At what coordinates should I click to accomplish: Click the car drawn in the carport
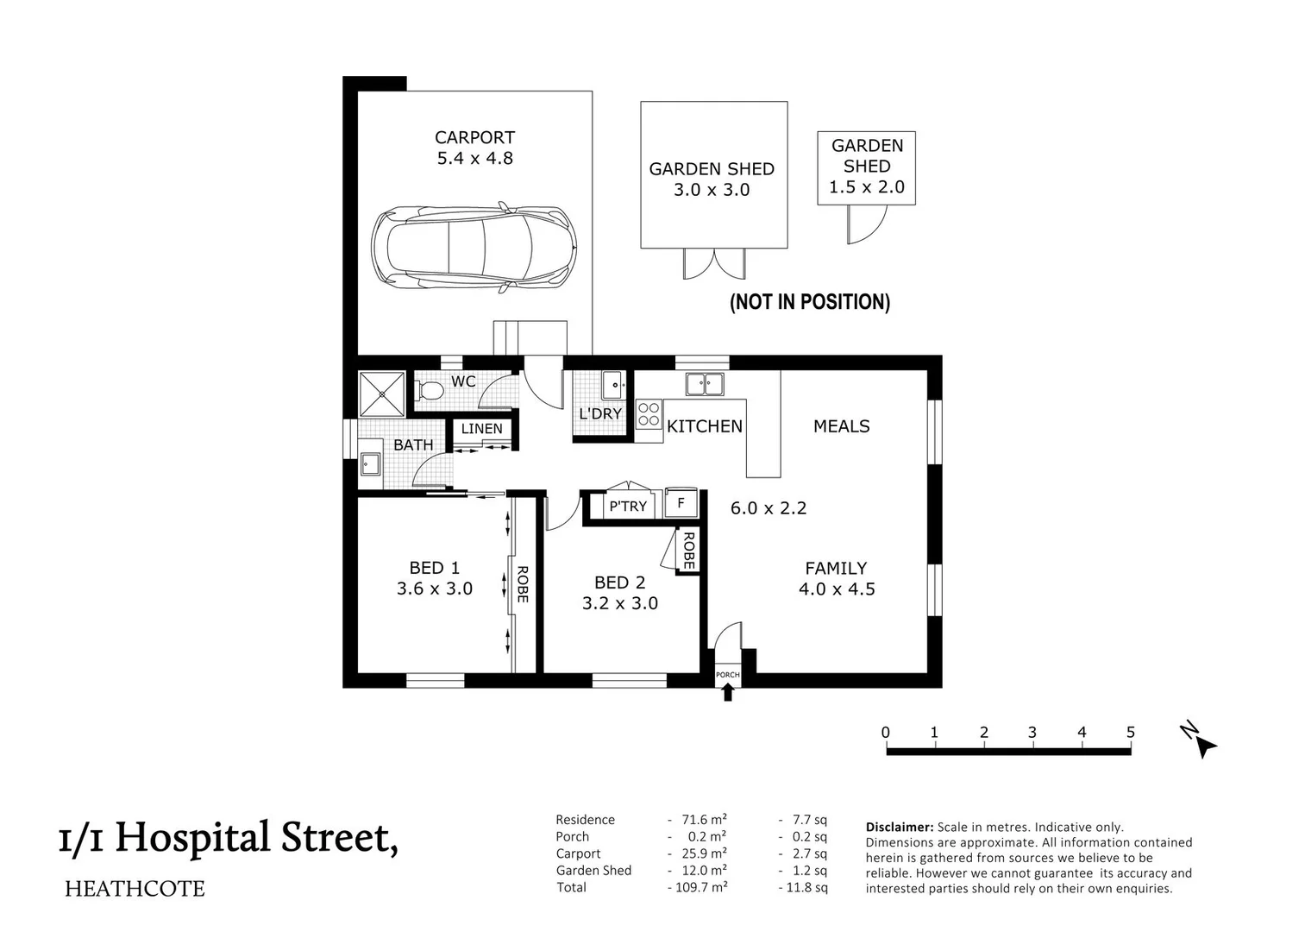[474, 247]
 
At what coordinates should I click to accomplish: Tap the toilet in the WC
[429, 392]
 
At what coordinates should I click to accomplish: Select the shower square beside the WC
[381, 394]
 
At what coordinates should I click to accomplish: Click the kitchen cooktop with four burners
[649, 414]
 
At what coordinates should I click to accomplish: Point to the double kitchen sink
[705, 384]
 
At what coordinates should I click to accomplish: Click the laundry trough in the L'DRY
[612, 383]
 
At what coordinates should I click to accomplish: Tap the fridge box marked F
[681, 503]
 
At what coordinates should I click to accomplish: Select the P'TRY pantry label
[627, 507]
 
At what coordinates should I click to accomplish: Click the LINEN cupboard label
[481, 429]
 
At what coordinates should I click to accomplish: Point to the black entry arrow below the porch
[728, 691]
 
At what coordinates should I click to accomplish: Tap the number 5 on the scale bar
[1130, 733]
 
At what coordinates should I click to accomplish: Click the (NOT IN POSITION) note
[809, 302]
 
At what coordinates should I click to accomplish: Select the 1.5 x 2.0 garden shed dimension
[866, 187]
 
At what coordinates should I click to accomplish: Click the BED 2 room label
[619, 582]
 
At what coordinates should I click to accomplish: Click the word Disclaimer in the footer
[899, 827]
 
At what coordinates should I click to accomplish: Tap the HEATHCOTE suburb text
[135, 889]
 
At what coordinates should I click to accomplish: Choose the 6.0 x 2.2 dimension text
[768, 508]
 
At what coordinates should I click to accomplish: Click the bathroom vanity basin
[371, 464]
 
